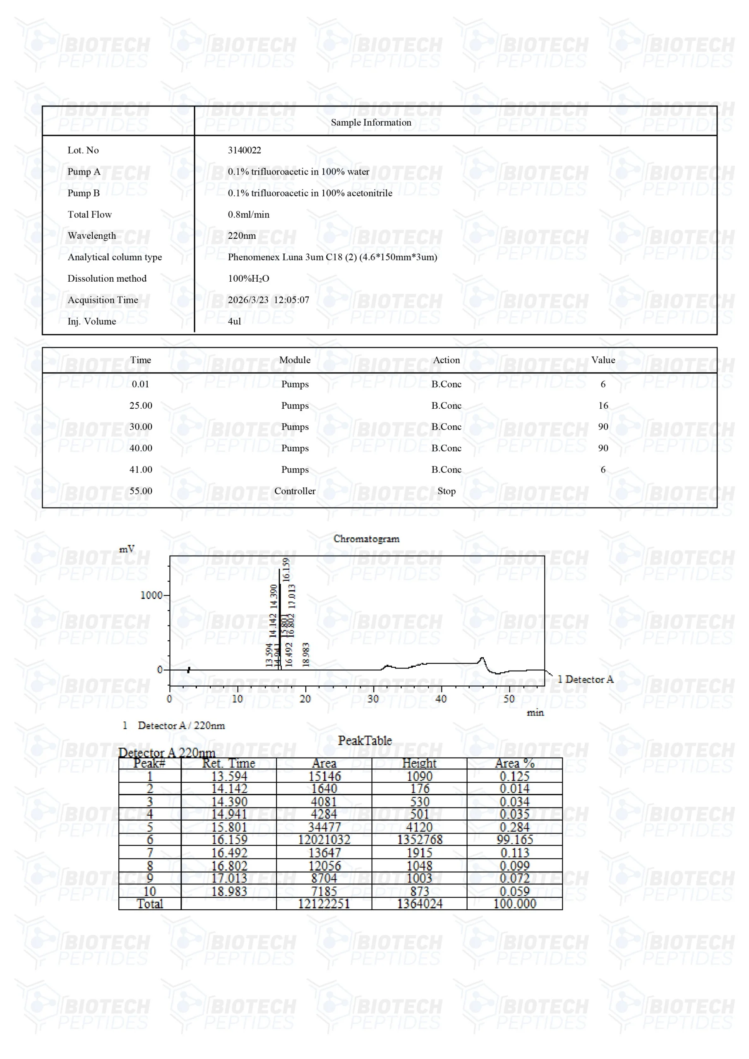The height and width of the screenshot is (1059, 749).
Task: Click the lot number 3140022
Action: (x=244, y=150)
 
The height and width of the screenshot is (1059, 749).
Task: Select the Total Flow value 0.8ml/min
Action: (x=248, y=214)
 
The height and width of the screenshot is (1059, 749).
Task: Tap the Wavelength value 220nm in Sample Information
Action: (x=241, y=236)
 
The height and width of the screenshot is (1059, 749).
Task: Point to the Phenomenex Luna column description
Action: (x=332, y=257)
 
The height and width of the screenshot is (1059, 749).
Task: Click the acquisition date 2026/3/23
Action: (x=248, y=300)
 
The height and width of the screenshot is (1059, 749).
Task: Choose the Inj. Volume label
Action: (x=92, y=321)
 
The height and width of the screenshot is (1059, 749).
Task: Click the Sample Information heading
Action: (x=371, y=122)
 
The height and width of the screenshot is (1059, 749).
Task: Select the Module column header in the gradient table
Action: (x=295, y=360)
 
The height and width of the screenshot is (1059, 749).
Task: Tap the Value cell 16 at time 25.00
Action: (x=603, y=405)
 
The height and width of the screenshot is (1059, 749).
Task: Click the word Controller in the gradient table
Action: (x=295, y=491)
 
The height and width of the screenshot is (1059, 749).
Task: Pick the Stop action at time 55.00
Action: (x=446, y=491)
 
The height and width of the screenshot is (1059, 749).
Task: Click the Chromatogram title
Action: (x=366, y=539)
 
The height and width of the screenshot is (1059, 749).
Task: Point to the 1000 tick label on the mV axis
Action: (x=151, y=595)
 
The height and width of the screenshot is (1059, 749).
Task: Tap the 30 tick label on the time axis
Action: (x=373, y=699)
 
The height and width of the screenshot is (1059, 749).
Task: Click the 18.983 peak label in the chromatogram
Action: (x=305, y=654)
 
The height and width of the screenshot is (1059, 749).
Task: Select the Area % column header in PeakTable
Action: (x=514, y=763)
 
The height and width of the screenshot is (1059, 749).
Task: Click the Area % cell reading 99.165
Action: (x=514, y=839)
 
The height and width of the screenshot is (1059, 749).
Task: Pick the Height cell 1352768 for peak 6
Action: (x=419, y=839)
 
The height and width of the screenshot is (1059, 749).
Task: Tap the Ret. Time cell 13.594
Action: (x=229, y=776)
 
